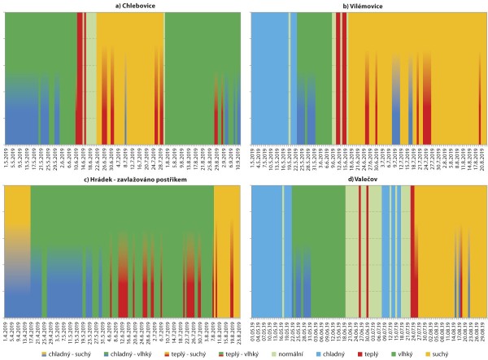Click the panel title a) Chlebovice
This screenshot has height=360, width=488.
coord(121,7)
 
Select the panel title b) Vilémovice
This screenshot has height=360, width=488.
coord(366,7)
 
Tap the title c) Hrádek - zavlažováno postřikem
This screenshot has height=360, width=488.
coord(121,180)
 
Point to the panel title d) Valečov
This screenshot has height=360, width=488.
coord(366,180)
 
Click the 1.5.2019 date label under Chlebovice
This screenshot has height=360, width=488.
coord(7,157)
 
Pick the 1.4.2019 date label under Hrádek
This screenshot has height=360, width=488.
coord(7,331)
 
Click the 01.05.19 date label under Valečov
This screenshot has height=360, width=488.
coord(253,331)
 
